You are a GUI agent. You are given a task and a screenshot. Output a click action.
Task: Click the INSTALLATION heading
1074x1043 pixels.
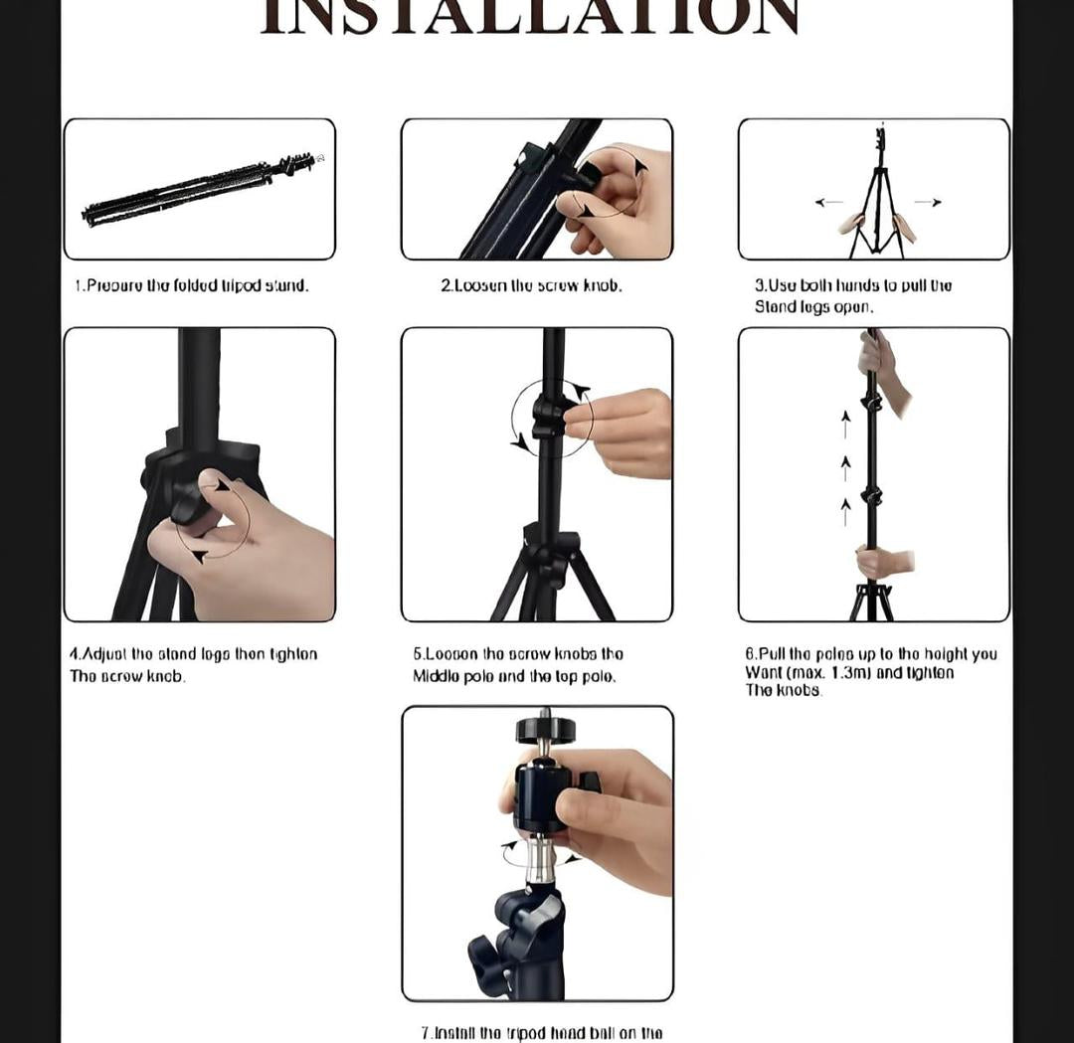[x=530, y=18]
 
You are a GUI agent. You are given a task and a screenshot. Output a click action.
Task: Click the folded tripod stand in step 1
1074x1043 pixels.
[x=199, y=189]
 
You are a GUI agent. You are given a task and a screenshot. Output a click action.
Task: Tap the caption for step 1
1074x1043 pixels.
[x=192, y=285]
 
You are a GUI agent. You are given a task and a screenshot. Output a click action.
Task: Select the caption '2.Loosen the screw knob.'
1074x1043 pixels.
[x=531, y=285]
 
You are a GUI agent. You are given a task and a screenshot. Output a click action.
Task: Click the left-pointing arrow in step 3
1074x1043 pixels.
[x=828, y=202]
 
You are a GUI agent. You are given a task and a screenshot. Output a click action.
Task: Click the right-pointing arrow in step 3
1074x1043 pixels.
[x=927, y=202]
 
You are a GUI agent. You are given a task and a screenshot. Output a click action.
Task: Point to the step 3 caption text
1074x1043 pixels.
[x=852, y=295]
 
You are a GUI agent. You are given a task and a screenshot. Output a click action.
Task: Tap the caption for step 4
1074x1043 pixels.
[x=193, y=664]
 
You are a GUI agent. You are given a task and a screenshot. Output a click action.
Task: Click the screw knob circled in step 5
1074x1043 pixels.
[x=548, y=418]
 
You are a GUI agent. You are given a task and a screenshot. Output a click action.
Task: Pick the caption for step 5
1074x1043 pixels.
[x=517, y=664]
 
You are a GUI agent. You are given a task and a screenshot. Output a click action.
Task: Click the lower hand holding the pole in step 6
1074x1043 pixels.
[x=882, y=563]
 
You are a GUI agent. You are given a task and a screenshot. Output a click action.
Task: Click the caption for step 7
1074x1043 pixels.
[x=541, y=1032]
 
